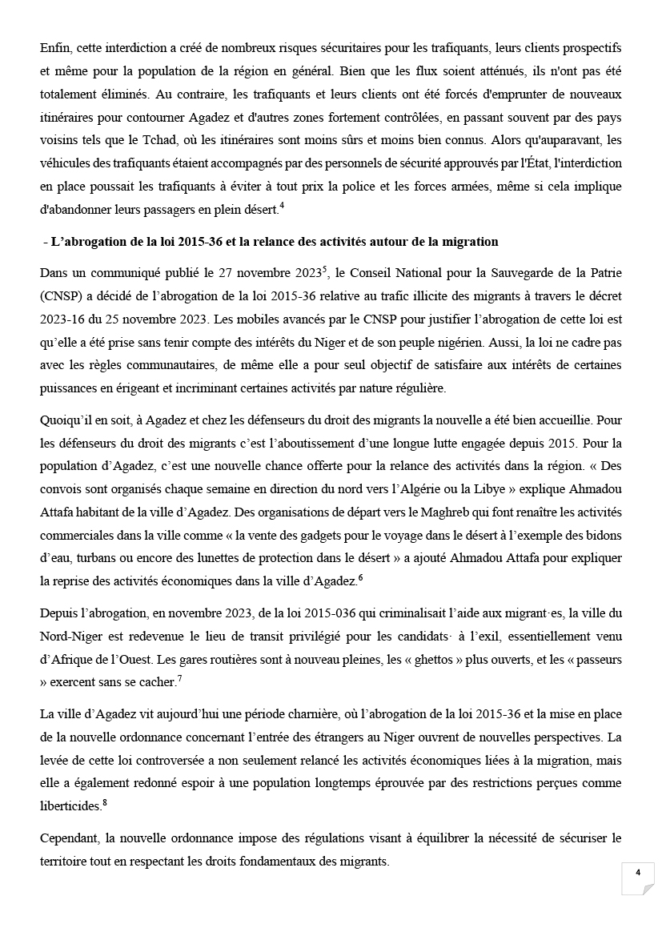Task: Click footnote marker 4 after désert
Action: coord(283,207)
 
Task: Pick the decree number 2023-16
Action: coord(62,318)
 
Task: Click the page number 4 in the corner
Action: coord(638,873)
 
